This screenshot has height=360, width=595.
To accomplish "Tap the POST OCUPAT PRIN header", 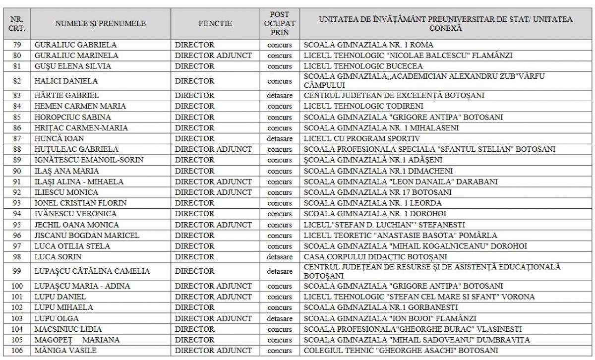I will pyautogui.click(x=280, y=23).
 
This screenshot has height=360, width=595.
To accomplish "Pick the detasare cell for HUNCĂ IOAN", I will pyautogui.click(x=280, y=138).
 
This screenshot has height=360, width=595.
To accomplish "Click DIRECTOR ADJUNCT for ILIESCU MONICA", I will pyautogui.click(x=213, y=192).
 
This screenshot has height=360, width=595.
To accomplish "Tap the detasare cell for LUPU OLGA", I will pyautogui.click(x=280, y=318).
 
